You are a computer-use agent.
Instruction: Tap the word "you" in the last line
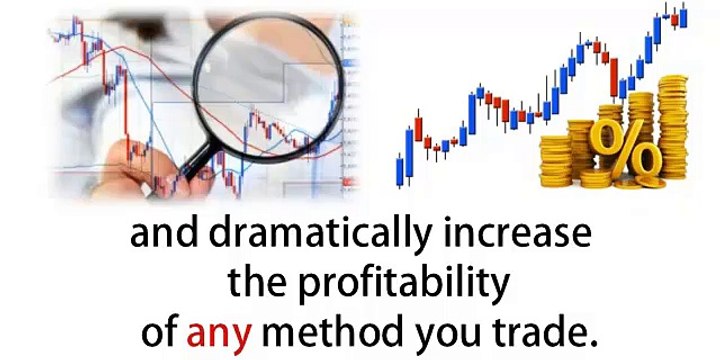point(441,328)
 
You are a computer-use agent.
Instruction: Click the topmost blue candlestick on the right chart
point(683,16)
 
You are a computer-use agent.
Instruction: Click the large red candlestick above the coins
point(614,75)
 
